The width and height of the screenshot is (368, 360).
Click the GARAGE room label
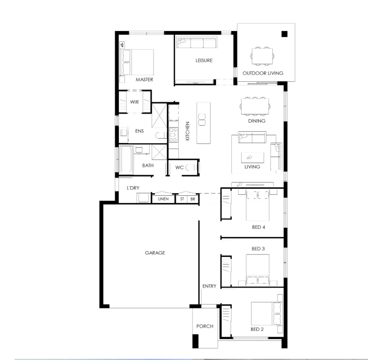pyautogui.click(x=155, y=253)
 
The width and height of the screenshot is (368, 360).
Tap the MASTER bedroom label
pyautogui.click(x=145, y=80)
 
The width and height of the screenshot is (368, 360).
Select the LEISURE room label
pyautogui.click(x=204, y=61)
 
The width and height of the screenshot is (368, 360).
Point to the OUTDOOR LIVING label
pyautogui.click(x=263, y=73)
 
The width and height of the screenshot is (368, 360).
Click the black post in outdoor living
pyautogui.click(x=284, y=34)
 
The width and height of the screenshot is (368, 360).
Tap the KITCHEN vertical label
pyautogui.click(x=187, y=131)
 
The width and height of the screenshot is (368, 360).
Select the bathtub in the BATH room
pyautogui.click(x=126, y=160)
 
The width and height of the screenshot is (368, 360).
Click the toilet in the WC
pyautogui.click(x=193, y=168)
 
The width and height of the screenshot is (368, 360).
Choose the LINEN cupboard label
pyautogui.click(x=163, y=199)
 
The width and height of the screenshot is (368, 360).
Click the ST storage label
pyautogui.click(x=182, y=199)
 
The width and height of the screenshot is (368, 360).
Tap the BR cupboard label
pyautogui.click(x=193, y=199)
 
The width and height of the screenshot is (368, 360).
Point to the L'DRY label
pyautogui.click(x=133, y=188)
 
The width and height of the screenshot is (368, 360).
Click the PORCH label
pyautogui.click(x=205, y=326)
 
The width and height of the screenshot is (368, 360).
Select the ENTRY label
pyautogui.click(x=209, y=286)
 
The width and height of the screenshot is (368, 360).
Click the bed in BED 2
pyautogui.click(x=264, y=313)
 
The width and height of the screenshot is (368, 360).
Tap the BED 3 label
pyautogui.click(x=258, y=249)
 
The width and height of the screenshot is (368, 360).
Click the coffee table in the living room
pyautogui.click(x=252, y=157)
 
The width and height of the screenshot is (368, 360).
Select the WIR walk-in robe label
pyautogui.click(x=134, y=102)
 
